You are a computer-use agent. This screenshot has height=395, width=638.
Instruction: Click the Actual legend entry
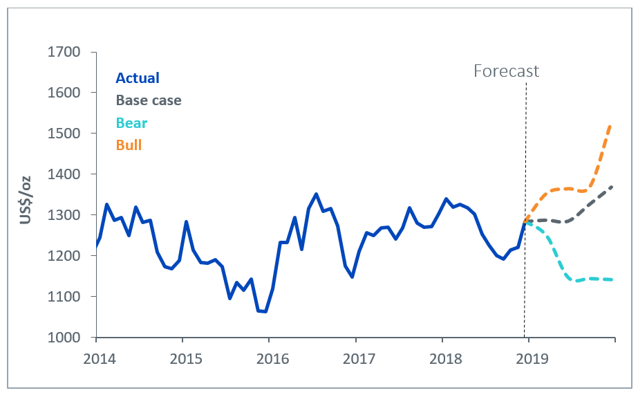click(x=138, y=78)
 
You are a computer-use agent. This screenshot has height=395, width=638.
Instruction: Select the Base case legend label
click(x=149, y=100)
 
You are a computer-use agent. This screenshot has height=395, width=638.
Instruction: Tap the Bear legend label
click(x=131, y=123)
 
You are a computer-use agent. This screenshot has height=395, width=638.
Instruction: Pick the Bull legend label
click(x=129, y=145)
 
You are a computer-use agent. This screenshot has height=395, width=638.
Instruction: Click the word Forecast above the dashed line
click(x=506, y=71)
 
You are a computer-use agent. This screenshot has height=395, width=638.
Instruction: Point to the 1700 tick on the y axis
click(x=64, y=52)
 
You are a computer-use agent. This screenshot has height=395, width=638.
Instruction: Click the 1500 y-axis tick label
click(x=64, y=134)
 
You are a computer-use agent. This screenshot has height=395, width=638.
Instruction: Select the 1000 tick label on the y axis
click(x=64, y=338)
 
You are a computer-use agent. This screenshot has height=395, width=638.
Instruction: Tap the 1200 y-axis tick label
click(x=64, y=256)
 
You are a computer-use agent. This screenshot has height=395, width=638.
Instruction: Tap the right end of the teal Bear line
click(x=613, y=279)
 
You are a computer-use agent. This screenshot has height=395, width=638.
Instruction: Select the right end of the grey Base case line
click(x=613, y=187)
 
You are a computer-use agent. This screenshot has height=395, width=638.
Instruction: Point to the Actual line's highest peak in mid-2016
click(x=316, y=194)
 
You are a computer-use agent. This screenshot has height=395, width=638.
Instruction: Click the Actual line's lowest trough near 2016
click(x=265, y=311)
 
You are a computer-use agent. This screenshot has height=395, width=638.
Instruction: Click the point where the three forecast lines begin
click(x=525, y=222)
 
